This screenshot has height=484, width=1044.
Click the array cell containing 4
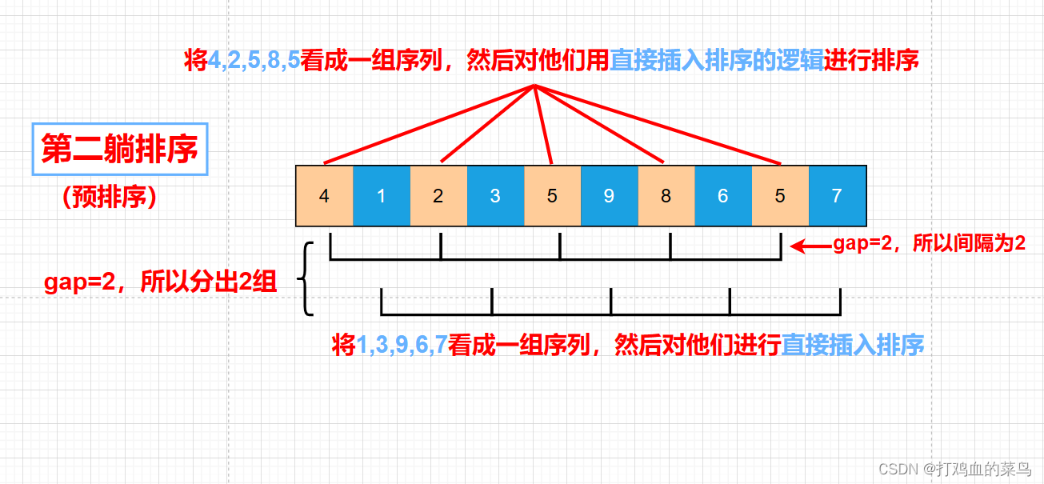[324, 195]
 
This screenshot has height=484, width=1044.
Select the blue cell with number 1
[381, 195]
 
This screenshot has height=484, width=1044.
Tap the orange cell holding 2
[438, 195]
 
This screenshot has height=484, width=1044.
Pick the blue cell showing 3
[494, 195]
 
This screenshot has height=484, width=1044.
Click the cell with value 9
[609, 195]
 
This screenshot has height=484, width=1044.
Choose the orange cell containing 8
[666, 195]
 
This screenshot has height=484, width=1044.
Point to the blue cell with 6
[722, 195]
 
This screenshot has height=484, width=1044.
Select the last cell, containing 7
[837, 195]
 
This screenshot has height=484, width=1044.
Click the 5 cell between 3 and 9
[552, 195]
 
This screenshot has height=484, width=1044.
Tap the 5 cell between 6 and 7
[780, 195]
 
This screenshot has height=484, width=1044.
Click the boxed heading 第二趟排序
[119, 149]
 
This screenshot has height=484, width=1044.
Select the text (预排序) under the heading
[110, 198]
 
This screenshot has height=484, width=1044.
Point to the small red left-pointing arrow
[809, 246]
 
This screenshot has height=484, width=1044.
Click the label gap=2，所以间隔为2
[929, 245]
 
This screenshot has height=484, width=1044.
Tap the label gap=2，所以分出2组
[160, 282]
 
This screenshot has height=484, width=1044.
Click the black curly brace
[304, 279]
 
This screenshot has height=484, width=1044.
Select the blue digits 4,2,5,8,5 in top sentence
[254, 60]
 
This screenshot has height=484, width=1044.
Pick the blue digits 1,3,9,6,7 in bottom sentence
[401, 346]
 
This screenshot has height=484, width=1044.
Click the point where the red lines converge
[534, 86]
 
